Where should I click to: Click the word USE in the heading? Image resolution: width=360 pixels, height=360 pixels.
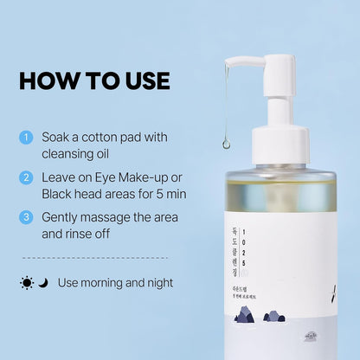[142, 80]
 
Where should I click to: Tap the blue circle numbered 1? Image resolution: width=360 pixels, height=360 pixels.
[26, 138]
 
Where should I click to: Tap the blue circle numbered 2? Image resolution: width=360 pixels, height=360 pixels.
[26, 177]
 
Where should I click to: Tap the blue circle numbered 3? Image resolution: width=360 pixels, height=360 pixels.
[26, 216]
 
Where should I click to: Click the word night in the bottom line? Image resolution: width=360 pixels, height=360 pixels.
[157, 283]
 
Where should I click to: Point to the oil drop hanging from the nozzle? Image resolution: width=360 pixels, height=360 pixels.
[227, 144]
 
